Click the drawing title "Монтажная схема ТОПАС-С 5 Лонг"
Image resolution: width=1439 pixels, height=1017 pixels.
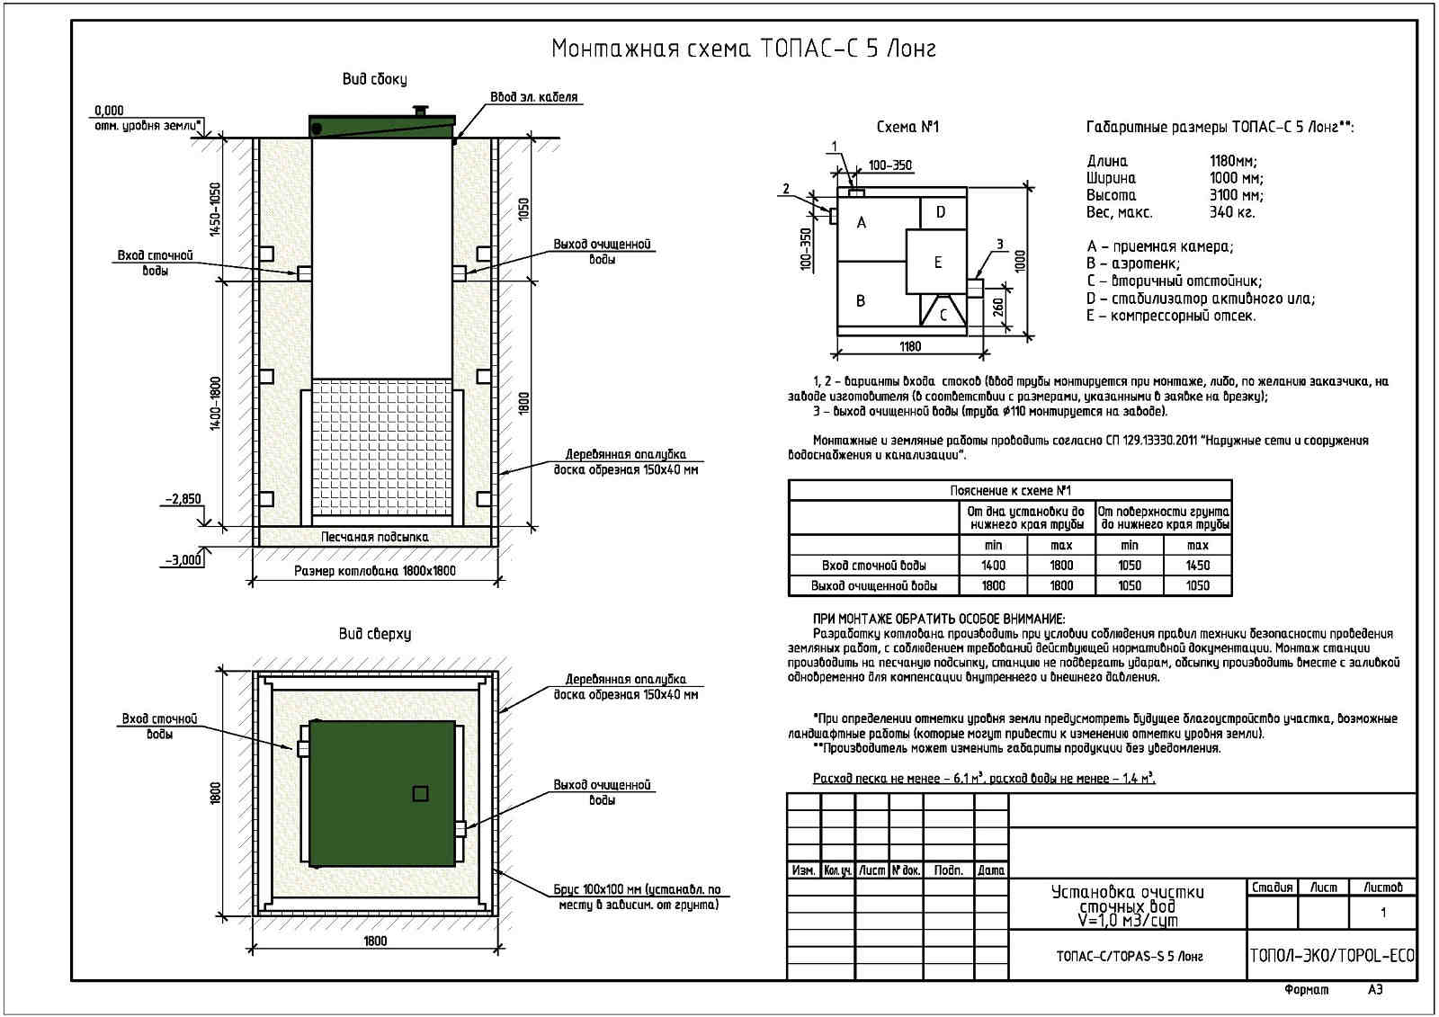pos(743,49)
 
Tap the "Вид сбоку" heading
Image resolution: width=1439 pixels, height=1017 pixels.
pos(374,79)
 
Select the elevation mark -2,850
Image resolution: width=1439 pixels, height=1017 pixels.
pos(183,499)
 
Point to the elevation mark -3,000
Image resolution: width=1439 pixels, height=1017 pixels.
pos(183,559)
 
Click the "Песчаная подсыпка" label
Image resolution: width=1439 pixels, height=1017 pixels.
pos(374,537)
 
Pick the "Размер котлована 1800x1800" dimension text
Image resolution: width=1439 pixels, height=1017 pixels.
pos(374,571)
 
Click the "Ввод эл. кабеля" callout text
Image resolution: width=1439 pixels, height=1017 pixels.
pos(533,97)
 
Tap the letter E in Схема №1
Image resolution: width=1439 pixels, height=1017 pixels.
pos(938,263)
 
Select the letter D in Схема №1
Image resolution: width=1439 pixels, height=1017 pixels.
pos(941,212)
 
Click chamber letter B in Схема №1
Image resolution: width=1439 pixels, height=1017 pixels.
pos(861,300)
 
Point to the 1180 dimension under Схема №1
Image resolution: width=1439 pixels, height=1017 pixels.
pos(909,346)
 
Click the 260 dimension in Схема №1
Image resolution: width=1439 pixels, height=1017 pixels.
pos(998,308)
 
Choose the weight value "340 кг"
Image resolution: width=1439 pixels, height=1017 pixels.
pos(1231,212)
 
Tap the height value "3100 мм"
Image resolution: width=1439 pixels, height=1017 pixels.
pos(1236,195)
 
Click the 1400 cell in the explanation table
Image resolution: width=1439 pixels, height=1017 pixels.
pos(993,566)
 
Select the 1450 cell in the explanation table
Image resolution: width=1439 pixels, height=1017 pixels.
pos(1197,566)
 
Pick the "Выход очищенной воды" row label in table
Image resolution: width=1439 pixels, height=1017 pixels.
pos(873,585)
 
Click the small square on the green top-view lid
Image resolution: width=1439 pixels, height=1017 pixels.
pos(420,793)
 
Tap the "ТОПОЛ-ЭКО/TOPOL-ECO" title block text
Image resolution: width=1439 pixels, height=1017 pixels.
pos(1331,955)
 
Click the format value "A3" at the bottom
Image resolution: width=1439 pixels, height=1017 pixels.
pos(1375,989)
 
